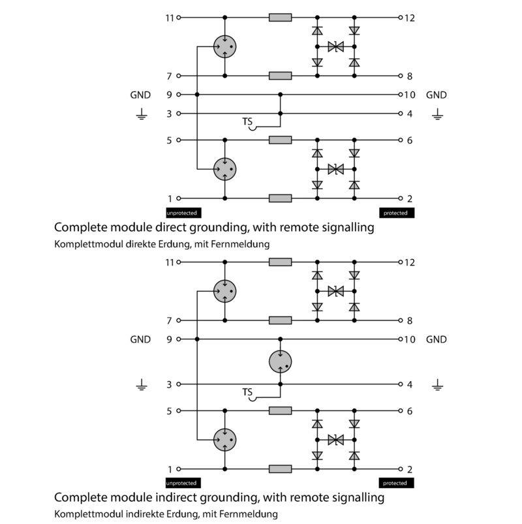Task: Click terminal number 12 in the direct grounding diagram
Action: click(x=410, y=18)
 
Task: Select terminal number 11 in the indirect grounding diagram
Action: click(x=170, y=262)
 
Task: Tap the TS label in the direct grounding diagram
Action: click(x=247, y=121)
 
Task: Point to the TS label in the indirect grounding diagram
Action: click(x=247, y=392)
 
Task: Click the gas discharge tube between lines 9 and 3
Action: click(x=281, y=362)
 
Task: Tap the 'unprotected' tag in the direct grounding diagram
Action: click(x=182, y=213)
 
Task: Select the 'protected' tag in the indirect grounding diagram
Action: click(x=395, y=484)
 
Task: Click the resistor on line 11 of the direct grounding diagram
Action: click(x=281, y=18)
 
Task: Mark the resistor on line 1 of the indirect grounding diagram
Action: click(x=281, y=469)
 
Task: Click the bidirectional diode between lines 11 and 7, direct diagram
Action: click(x=336, y=47)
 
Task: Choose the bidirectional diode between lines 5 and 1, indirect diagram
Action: click(x=336, y=440)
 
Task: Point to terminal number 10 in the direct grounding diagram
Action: click(x=410, y=95)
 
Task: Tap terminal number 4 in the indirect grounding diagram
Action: click(x=410, y=384)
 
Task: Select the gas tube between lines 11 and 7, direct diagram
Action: click(x=225, y=46)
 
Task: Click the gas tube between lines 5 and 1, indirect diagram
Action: click(x=225, y=439)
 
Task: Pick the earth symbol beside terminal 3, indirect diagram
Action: click(x=141, y=386)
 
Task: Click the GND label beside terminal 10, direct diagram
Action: click(x=437, y=95)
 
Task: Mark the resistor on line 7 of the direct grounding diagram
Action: click(x=281, y=76)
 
